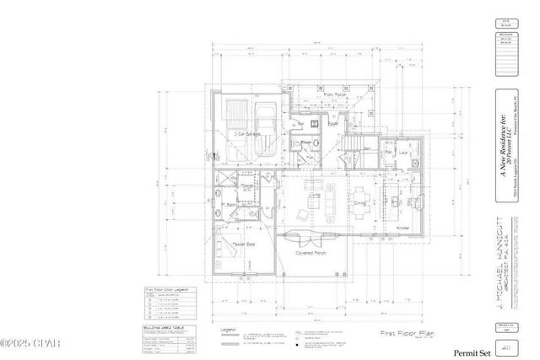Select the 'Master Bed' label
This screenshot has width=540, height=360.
point(245,244)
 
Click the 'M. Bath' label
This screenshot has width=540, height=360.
point(228,205)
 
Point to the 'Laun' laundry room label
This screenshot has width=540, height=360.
point(402,153)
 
